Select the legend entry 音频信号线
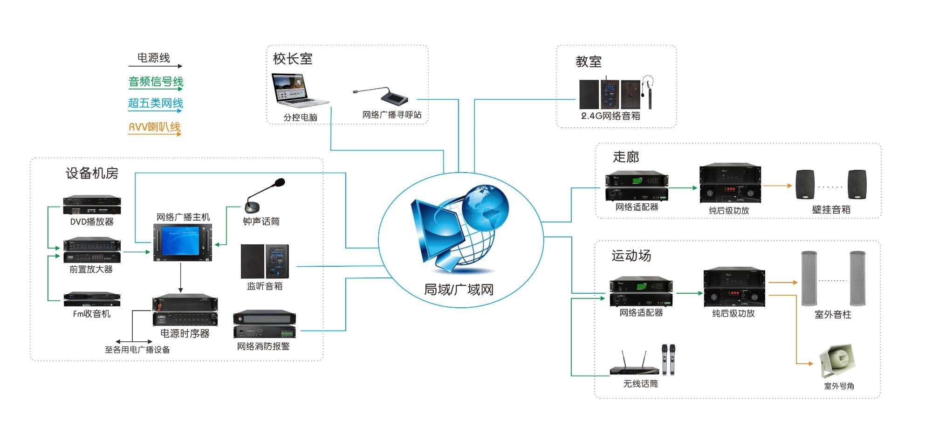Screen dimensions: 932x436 tap(156, 82)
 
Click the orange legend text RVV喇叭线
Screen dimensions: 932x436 tap(155, 127)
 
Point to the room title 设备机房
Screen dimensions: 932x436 tap(92, 173)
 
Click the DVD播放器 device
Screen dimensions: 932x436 tap(92, 205)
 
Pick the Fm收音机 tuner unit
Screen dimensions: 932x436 tap(92, 299)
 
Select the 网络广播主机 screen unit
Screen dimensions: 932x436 tap(183, 242)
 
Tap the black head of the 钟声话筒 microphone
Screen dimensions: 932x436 tap(280, 182)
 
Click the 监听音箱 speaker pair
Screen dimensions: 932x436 tap(265, 261)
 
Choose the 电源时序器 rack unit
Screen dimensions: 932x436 tap(185, 311)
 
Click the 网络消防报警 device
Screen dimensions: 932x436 tap(264, 324)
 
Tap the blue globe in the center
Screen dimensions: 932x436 tap(486, 208)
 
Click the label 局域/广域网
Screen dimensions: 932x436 tap(459, 290)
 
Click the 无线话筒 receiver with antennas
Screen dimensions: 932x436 tap(635, 363)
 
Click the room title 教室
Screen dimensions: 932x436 tap(589, 62)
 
